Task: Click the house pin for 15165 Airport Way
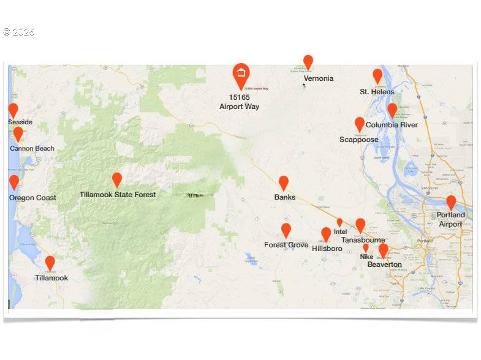coord(241,74)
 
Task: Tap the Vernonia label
coord(319,78)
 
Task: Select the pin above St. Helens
coord(377,75)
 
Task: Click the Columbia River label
coord(392,125)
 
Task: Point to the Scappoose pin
coord(360,124)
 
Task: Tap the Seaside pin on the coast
coord(13,110)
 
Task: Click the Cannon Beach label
coord(32,148)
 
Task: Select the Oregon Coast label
coord(32,198)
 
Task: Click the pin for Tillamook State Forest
coord(117,179)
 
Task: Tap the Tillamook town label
coord(51,278)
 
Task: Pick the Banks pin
coord(284,182)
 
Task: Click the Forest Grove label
coord(286,245)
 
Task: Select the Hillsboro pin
coord(326,234)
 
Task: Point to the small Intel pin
coord(339,222)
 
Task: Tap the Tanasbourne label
coord(363,241)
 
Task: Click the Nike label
coord(366,257)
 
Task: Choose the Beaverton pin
coord(383,250)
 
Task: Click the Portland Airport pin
coord(451,202)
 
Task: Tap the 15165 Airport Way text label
coord(239,102)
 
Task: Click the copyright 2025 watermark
coord(18,32)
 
